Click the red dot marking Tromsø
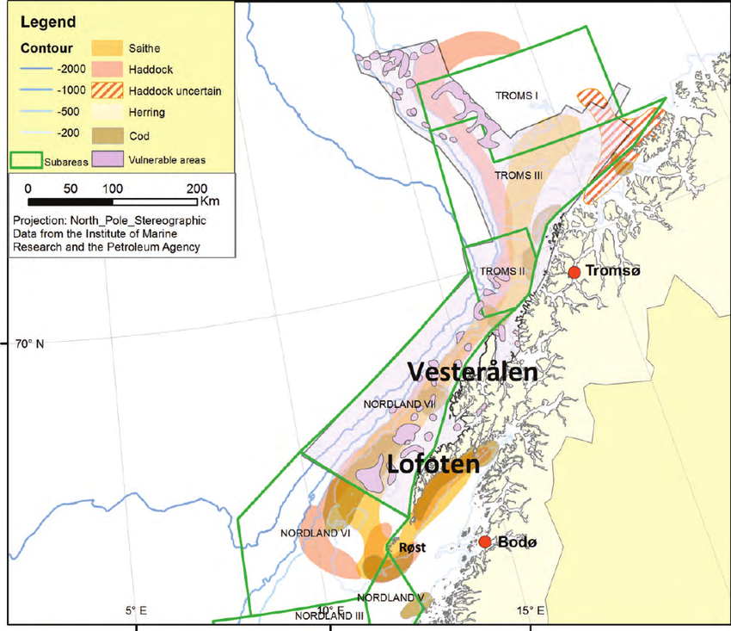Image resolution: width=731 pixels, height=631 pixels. pos(574,272)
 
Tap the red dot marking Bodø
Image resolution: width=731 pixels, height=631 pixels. pos(485,541)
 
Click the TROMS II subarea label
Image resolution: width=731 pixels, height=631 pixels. pos(502,272)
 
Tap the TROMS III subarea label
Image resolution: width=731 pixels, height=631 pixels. pos(519,175)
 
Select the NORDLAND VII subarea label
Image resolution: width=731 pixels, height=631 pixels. pos(400,403)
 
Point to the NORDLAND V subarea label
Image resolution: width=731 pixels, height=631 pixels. pos(390,597)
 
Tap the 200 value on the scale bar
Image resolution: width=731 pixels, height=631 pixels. pos(196,189)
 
